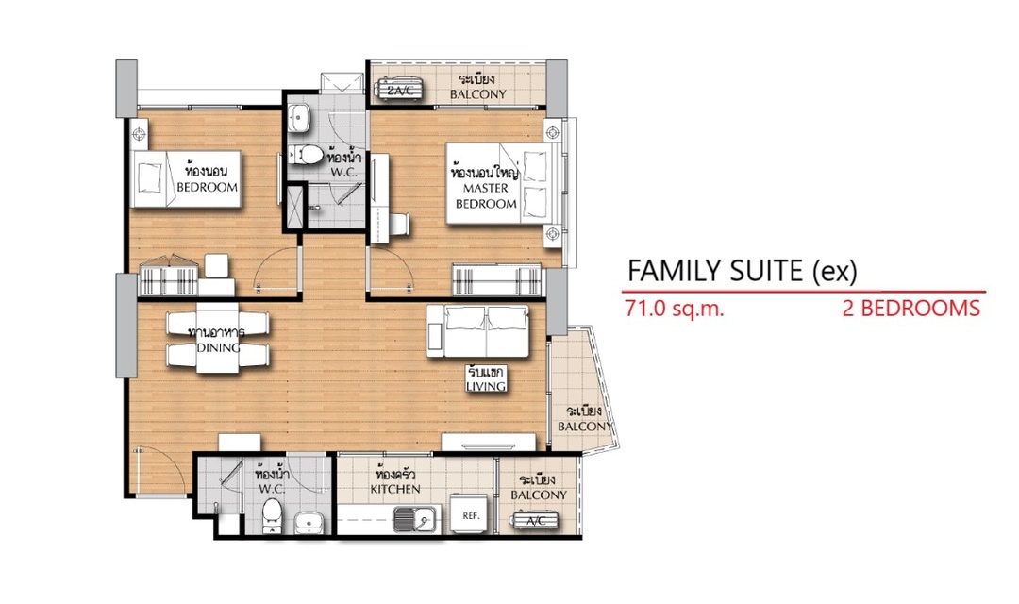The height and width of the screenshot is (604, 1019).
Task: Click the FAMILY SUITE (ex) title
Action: click(742, 271)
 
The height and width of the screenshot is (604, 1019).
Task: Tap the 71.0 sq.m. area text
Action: click(674, 308)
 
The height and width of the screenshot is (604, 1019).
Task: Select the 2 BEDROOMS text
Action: click(911, 308)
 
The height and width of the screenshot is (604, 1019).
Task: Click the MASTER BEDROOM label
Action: click(486, 195)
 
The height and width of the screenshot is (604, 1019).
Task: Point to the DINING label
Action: click(218, 348)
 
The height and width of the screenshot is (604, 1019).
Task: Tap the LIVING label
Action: click(486, 386)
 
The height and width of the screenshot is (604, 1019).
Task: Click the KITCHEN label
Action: click(395, 489)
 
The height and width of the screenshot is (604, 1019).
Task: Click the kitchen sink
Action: click(414, 519)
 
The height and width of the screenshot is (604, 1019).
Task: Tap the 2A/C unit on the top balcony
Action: click(400, 90)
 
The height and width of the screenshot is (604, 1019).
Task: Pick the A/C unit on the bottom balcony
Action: click(536, 520)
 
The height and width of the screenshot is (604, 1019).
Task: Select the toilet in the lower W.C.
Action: click(273, 515)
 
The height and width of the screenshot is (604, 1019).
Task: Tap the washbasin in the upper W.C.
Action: click(299, 118)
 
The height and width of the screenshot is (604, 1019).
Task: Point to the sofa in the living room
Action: click(478, 331)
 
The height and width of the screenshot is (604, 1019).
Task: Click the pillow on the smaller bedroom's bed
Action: click(149, 177)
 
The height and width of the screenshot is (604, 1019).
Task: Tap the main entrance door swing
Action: click(156, 471)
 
